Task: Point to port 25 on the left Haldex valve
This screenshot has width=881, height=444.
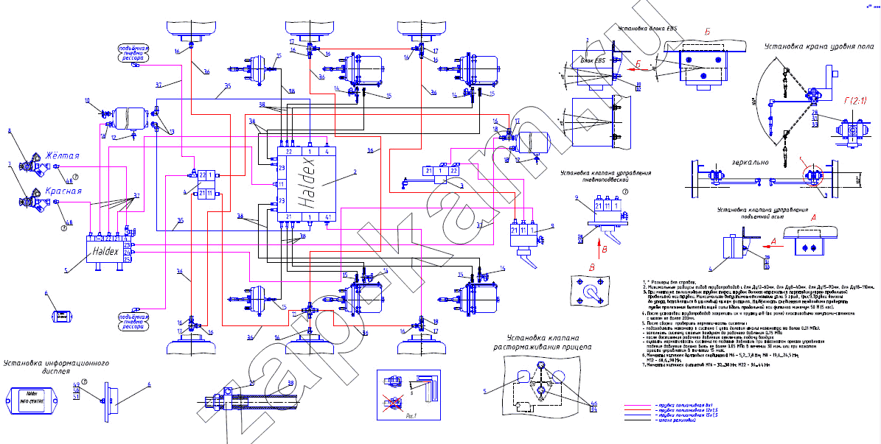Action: point(127,259)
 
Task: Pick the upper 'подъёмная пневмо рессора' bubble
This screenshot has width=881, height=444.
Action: point(136,52)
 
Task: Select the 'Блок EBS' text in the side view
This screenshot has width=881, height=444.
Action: point(593,60)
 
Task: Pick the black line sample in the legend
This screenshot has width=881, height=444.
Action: point(638,420)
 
